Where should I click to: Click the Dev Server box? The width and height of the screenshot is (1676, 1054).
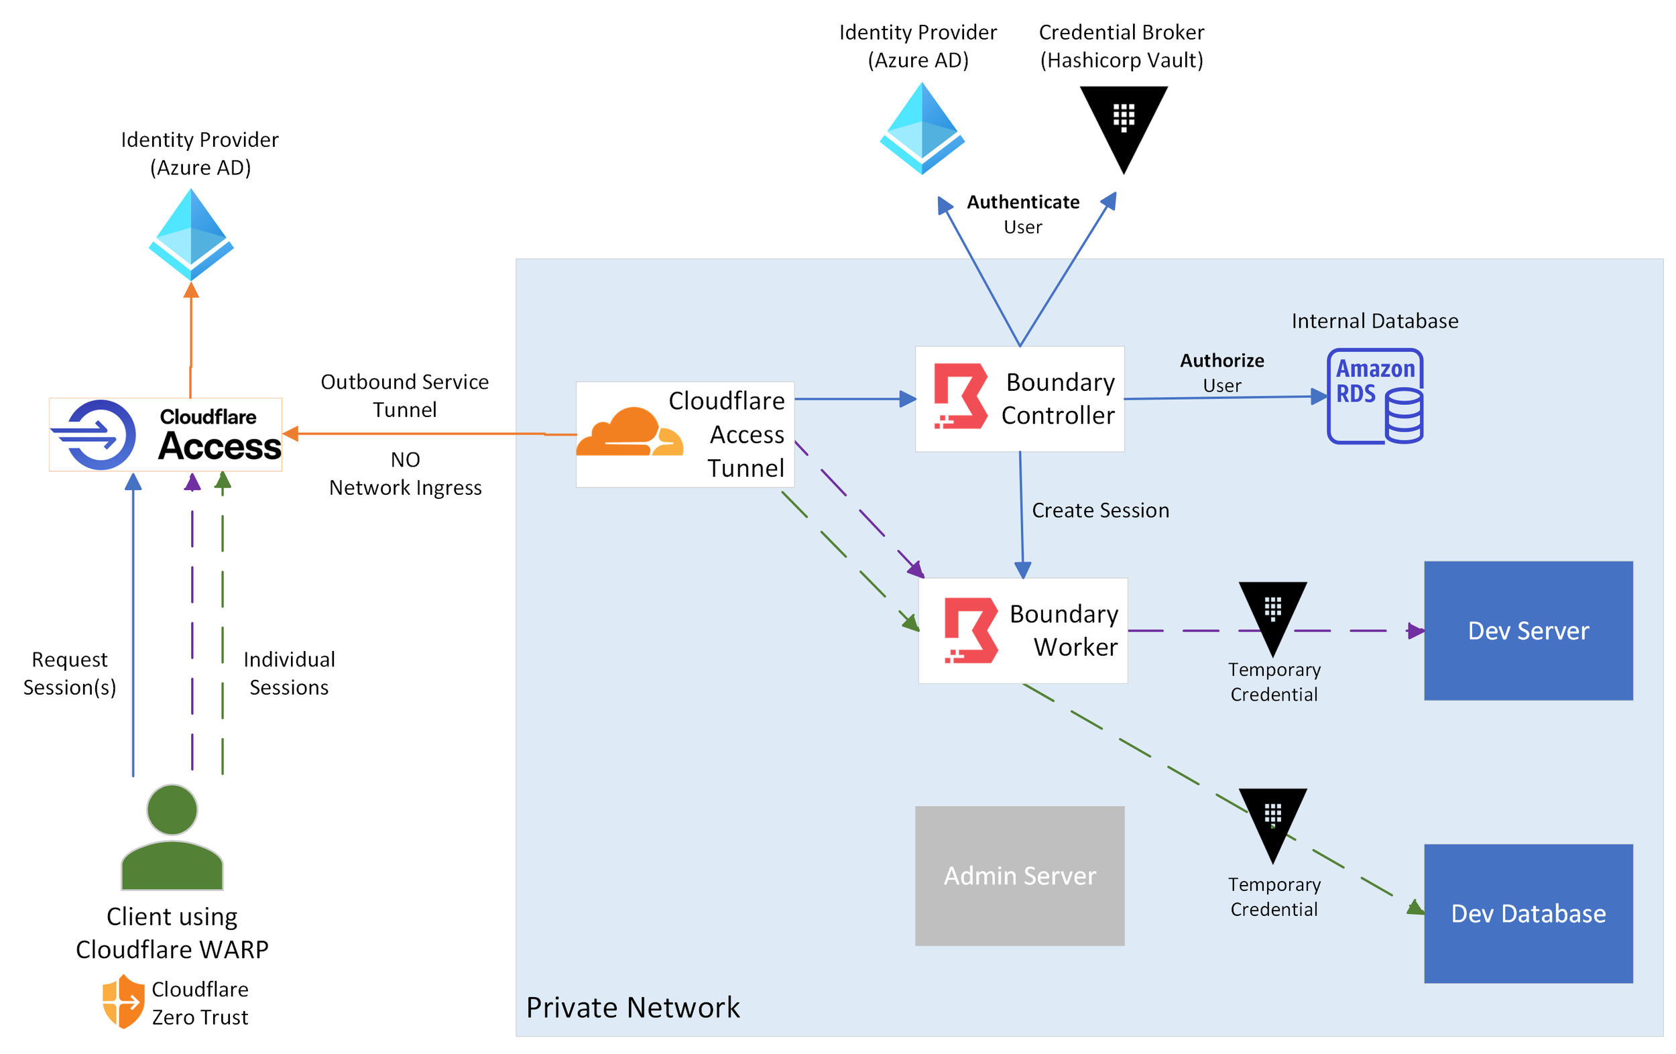coord(1528,630)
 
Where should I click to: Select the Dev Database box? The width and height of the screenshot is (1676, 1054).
coord(1528,913)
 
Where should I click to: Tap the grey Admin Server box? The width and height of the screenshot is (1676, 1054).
coord(1019,875)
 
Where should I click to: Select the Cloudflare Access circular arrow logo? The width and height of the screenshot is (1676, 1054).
coord(97,434)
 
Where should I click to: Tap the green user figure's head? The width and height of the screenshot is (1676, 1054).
coord(172,810)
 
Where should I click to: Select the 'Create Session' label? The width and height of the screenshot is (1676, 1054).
coord(1099,510)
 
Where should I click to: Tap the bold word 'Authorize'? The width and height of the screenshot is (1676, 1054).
coord(1221,361)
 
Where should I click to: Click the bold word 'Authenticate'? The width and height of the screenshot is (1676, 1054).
coord(1022,202)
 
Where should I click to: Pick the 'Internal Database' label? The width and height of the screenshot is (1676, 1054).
coord(1374,321)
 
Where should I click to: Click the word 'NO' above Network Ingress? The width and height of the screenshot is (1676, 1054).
coord(405,459)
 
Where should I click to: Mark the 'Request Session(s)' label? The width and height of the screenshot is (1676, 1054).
coord(70,672)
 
